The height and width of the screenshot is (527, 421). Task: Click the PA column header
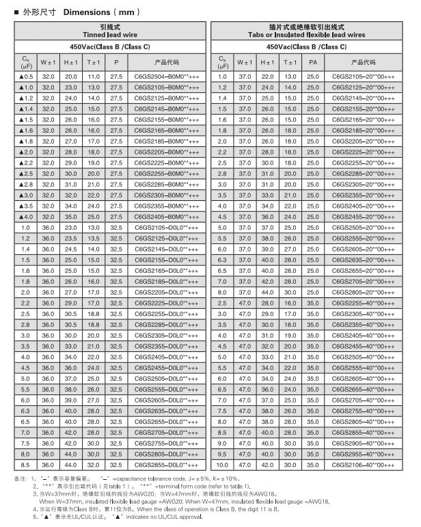point(313,62)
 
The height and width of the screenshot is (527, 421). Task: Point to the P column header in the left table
point(116,62)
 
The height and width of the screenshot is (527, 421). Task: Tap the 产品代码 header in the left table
point(167,62)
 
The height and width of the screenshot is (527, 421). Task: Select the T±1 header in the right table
point(290,62)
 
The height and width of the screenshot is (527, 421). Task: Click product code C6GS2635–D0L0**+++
point(167,410)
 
